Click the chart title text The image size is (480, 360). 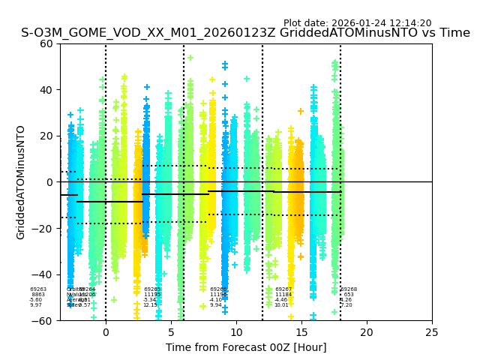[245, 33]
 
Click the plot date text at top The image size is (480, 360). [357, 23]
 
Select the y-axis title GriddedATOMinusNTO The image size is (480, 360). [21, 182]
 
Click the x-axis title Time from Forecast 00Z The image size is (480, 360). [246, 347]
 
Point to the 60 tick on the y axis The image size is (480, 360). [46, 43]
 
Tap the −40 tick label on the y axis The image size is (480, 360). [43, 274]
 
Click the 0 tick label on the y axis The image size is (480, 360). [50, 182]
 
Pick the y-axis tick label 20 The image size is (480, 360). [46, 136]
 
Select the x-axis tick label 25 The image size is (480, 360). [432, 331]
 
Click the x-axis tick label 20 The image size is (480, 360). [367, 331]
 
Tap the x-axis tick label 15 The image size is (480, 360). [301, 331]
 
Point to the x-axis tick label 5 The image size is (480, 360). [171, 331]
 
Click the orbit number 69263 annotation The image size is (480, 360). [38, 289]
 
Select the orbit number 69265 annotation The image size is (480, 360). [152, 289]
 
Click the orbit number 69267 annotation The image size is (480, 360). [283, 289]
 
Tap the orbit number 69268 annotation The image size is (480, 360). [349, 289]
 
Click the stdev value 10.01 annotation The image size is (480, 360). [281, 305]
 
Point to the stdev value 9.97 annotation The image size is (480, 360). [36, 305]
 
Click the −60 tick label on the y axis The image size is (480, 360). [43, 320]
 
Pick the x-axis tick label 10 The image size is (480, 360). [236, 331]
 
